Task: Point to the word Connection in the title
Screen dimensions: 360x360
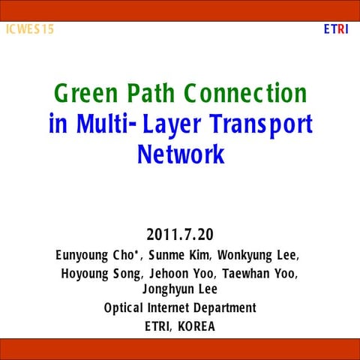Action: pyautogui.click(x=247, y=94)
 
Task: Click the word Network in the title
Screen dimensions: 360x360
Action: pyautogui.click(x=181, y=154)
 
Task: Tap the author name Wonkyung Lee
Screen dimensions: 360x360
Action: pyautogui.click(x=259, y=255)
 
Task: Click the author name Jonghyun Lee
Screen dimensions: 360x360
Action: pyautogui.click(x=180, y=289)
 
